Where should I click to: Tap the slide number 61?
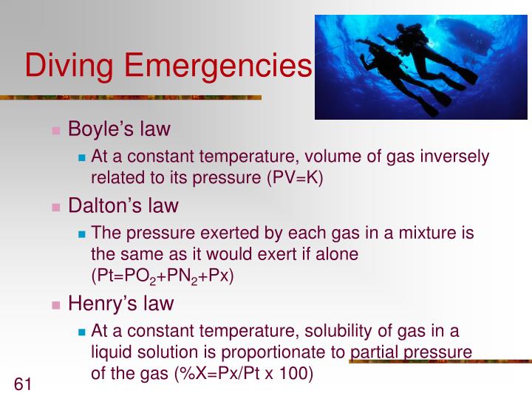click(x=23, y=383)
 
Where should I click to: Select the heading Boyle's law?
click(x=119, y=129)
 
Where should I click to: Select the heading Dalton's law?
click(x=123, y=205)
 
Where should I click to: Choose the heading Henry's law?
click(x=120, y=303)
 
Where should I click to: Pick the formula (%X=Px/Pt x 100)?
click(x=243, y=374)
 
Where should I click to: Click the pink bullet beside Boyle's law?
click(x=56, y=131)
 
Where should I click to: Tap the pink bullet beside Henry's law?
click(x=56, y=304)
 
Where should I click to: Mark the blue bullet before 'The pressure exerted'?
click(x=82, y=234)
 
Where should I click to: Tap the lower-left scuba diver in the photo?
click(x=384, y=74)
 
